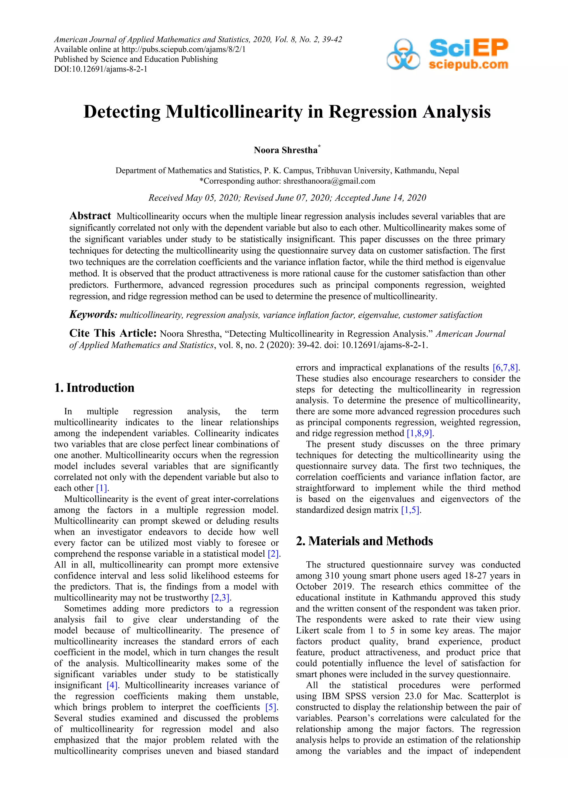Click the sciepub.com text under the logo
pos(468,65)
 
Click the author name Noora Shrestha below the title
pos(285,150)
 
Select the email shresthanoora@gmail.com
pos(329,181)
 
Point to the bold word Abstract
pos(90,216)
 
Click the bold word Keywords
pos(93,315)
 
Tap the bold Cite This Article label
pos(113,333)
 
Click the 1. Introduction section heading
pos(94,388)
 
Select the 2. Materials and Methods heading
pos(364,541)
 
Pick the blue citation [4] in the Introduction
pos(112,685)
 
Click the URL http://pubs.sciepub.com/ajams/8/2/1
pos(184,49)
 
